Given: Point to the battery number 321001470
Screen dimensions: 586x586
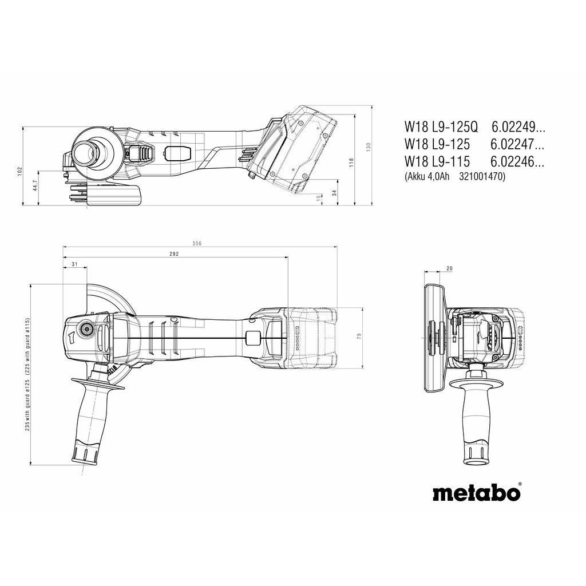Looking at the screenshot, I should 482,177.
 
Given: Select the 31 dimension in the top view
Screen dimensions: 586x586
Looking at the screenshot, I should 74,264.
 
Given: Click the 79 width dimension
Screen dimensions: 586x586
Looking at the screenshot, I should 359,337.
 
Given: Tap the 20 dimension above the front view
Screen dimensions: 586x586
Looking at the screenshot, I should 449,268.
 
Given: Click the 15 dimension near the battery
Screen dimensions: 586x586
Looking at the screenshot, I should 319,197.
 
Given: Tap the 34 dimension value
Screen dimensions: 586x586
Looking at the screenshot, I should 334,193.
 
